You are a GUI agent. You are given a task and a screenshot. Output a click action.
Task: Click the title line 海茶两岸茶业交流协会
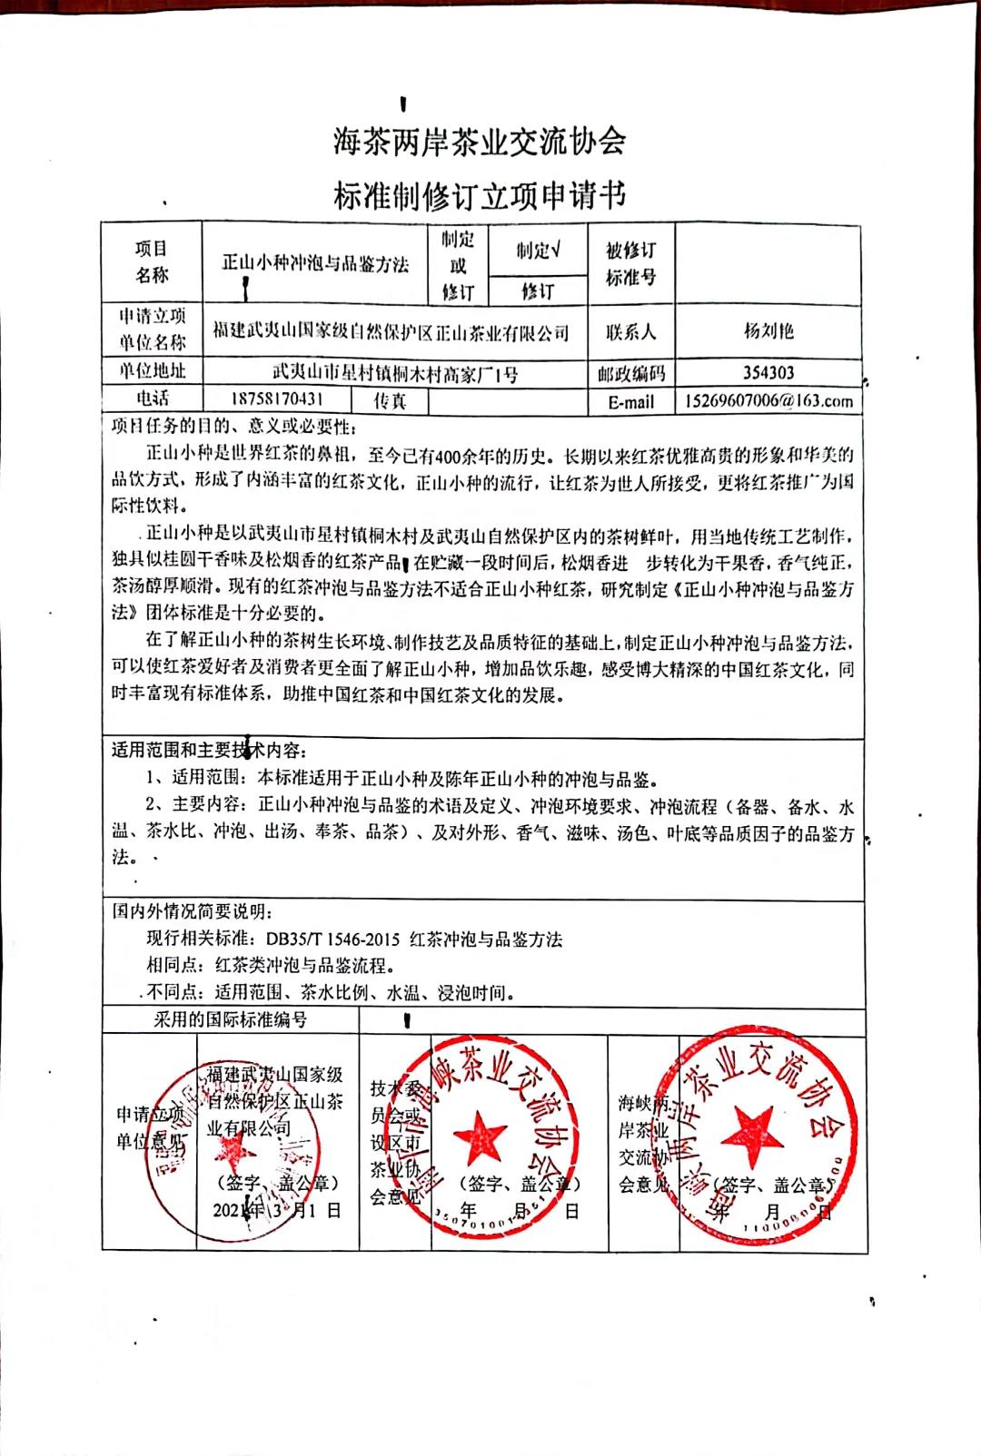(479, 142)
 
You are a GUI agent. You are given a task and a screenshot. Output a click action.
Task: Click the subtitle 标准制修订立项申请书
(479, 194)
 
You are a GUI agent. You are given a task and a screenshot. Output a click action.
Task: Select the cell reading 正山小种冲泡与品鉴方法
(315, 264)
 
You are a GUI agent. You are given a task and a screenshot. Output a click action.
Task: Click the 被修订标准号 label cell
(630, 263)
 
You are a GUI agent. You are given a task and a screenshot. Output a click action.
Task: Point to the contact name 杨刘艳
(768, 331)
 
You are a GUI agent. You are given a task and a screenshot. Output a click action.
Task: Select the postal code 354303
(768, 373)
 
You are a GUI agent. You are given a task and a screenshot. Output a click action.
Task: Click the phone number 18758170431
(277, 398)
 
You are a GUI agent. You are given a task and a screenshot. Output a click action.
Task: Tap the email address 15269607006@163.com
(768, 400)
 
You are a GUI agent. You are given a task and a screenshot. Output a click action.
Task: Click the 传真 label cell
(390, 400)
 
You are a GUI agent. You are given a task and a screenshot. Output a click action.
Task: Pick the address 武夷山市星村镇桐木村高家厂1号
(395, 373)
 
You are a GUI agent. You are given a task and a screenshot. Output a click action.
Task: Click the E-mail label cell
(630, 401)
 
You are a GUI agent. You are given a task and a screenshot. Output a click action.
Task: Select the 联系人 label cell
(630, 332)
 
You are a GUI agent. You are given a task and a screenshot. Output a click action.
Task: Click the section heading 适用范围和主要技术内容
(208, 751)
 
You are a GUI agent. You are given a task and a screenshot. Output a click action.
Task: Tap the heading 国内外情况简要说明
(191, 911)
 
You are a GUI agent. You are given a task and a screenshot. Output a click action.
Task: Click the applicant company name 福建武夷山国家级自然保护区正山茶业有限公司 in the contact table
(391, 332)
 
